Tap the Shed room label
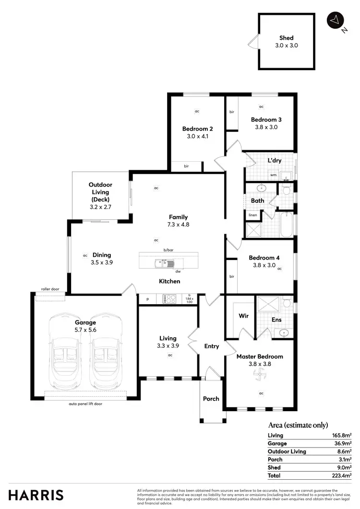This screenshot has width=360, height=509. (286, 38)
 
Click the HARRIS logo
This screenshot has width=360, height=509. (36, 495)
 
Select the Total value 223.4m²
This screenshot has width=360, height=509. (341, 475)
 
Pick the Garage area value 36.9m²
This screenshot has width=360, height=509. (343, 443)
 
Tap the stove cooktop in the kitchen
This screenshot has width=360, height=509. (170, 299)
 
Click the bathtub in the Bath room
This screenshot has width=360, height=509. (287, 225)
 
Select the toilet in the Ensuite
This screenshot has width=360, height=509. (287, 302)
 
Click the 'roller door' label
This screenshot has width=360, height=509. (49, 289)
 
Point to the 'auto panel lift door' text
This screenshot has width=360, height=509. (85, 404)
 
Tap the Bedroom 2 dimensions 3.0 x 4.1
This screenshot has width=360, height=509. (197, 136)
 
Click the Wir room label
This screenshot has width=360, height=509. (243, 317)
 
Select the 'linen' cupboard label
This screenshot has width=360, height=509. (252, 215)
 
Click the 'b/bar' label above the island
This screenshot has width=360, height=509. (168, 250)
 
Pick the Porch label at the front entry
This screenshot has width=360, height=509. (211, 399)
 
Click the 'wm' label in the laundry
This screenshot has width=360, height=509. (273, 175)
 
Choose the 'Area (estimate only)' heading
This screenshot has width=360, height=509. (298, 425)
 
